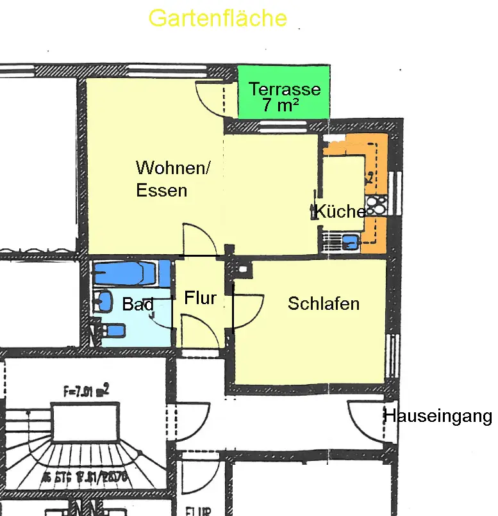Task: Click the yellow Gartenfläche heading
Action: [217, 18]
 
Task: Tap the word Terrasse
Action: [285, 90]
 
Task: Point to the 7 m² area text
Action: [281, 106]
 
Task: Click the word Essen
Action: [162, 190]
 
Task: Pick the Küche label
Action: [340, 211]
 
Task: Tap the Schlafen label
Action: [323, 303]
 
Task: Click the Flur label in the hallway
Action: [200, 298]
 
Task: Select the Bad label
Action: [138, 305]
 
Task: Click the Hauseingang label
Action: [437, 417]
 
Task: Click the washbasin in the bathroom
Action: [102, 302]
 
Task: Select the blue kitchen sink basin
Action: [349, 242]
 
